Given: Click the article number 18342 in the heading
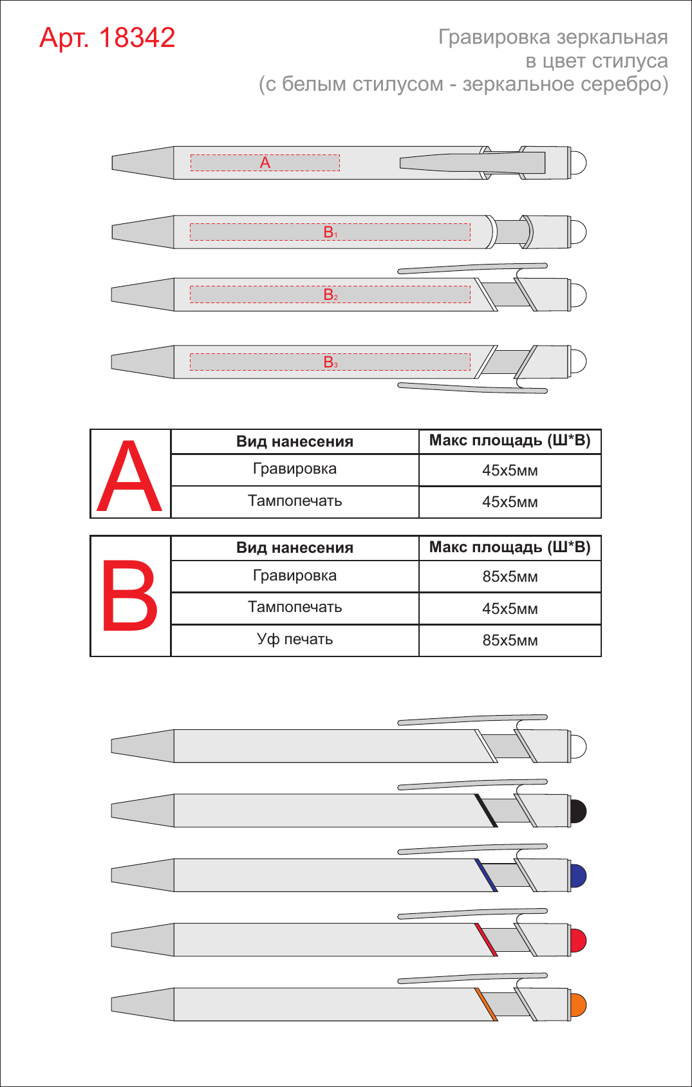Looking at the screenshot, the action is click(137, 38).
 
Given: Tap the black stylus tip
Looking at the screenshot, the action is click(579, 811).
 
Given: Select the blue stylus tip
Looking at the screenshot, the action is click(579, 875).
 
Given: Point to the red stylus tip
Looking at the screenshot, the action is click(579, 940).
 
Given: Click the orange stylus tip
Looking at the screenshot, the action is click(579, 1005).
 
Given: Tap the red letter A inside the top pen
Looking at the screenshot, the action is click(265, 163).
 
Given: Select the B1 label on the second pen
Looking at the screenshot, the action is click(330, 232).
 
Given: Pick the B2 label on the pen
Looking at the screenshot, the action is click(330, 295).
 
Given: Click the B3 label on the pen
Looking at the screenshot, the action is click(330, 362).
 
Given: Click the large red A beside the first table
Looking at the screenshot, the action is click(129, 476).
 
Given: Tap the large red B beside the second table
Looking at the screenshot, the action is click(130, 595).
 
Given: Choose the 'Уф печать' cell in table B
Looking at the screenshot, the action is click(295, 640).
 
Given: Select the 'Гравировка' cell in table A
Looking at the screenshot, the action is click(295, 469).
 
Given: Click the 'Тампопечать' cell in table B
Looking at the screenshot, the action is click(295, 607).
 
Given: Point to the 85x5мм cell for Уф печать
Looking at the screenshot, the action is click(510, 640).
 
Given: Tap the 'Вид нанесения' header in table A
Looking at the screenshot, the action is click(295, 441).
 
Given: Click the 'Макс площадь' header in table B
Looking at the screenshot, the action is click(486, 547).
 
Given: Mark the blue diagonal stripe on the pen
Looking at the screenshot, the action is click(486, 875).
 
